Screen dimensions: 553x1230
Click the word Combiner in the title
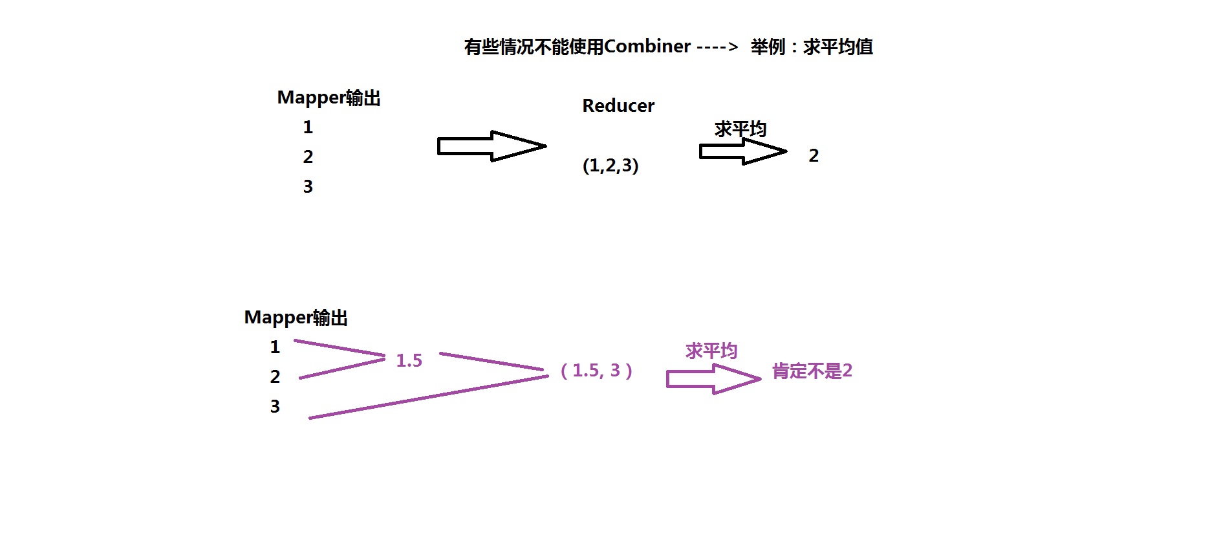click(647, 47)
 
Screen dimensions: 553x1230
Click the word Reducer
click(618, 105)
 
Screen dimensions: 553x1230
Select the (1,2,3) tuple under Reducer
click(610, 166)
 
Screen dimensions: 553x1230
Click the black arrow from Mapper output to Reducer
click(491, 146)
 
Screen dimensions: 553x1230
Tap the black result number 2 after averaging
click(814, 156)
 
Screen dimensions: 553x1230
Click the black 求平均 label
click(740, 129)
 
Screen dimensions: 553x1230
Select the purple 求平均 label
click(711, 351)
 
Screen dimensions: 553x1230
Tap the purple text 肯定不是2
click(812, 371)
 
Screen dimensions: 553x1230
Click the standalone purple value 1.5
click(409, 361)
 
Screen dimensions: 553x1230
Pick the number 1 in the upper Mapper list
click(308, 127)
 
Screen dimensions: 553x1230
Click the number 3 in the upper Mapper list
click(308, 187)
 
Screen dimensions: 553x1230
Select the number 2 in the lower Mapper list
click(275, 377)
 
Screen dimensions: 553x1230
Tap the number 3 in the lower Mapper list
click(275, 407)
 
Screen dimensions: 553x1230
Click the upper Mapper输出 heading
click(329, 98)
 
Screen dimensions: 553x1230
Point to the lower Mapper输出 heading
click(296, 318)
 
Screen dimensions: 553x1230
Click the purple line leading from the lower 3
click(427, 398)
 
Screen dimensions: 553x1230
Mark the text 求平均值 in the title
click(838, 47)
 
